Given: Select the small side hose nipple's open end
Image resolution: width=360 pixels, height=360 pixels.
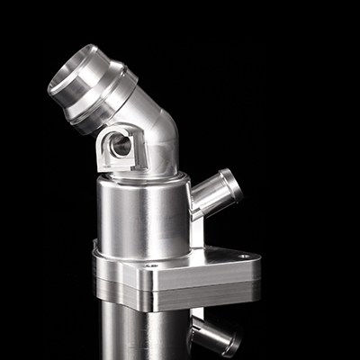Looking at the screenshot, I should point(234,184).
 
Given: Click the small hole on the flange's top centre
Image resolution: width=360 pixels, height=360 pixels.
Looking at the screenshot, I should point(152,265).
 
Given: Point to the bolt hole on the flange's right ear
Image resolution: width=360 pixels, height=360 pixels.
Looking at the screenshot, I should point(243,256).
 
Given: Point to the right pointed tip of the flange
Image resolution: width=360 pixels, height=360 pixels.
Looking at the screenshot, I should point(260,262).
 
